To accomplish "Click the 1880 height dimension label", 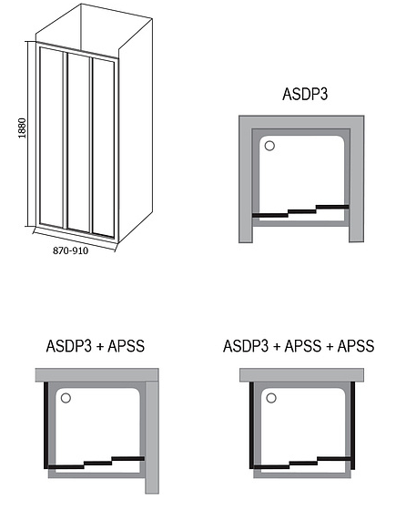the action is (22, 127).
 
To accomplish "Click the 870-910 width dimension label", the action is (70, 250).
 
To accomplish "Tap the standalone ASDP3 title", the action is (305, 94).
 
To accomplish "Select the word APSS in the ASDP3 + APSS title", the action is (127, 346).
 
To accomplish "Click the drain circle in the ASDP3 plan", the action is (269, 146).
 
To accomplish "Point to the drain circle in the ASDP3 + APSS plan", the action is (66, 398).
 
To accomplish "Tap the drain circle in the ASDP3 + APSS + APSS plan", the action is (270, 398).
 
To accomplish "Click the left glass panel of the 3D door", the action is (51, 138).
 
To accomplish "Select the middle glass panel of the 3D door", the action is (78, 142).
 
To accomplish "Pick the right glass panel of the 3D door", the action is (104, 148).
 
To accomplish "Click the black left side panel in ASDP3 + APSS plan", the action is (46, 425).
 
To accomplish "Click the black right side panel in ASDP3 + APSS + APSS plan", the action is (352, 425).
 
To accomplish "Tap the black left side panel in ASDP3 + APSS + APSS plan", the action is (251, 425).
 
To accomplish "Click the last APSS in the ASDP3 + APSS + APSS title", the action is (356, 346).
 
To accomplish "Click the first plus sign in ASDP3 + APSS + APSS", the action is (277, 347).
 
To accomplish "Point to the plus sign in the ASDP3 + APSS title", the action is (100, 347).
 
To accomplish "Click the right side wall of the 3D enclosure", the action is (136, 130).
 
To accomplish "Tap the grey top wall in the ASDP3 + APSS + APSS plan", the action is (301, 375).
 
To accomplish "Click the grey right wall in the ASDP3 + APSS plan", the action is (152, 437).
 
